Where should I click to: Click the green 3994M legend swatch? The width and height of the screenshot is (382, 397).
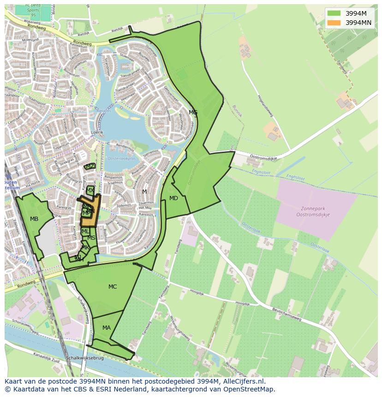click(x=334, y=13)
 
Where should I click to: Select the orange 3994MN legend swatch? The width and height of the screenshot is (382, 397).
click(x=334, y=22)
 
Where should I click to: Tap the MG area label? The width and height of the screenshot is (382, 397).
click(x=193, y=113)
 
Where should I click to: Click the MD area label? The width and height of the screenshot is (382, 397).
click(x=173, y=199)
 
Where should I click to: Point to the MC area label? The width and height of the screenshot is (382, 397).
click(x=113, y=287)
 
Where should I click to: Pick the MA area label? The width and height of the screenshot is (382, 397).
click(x=107, y=328)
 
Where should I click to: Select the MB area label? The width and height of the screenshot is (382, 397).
click(x=34, y=219)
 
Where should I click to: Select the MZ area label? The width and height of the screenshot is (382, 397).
click(x=90, y=166)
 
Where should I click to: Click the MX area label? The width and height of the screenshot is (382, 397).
click(x=90, y=190)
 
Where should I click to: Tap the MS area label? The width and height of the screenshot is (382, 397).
click(x=91, y=238)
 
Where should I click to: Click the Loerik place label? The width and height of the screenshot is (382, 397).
click(x=97, y=132)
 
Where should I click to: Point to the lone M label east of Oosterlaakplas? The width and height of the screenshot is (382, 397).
click(x=144, y=192)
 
